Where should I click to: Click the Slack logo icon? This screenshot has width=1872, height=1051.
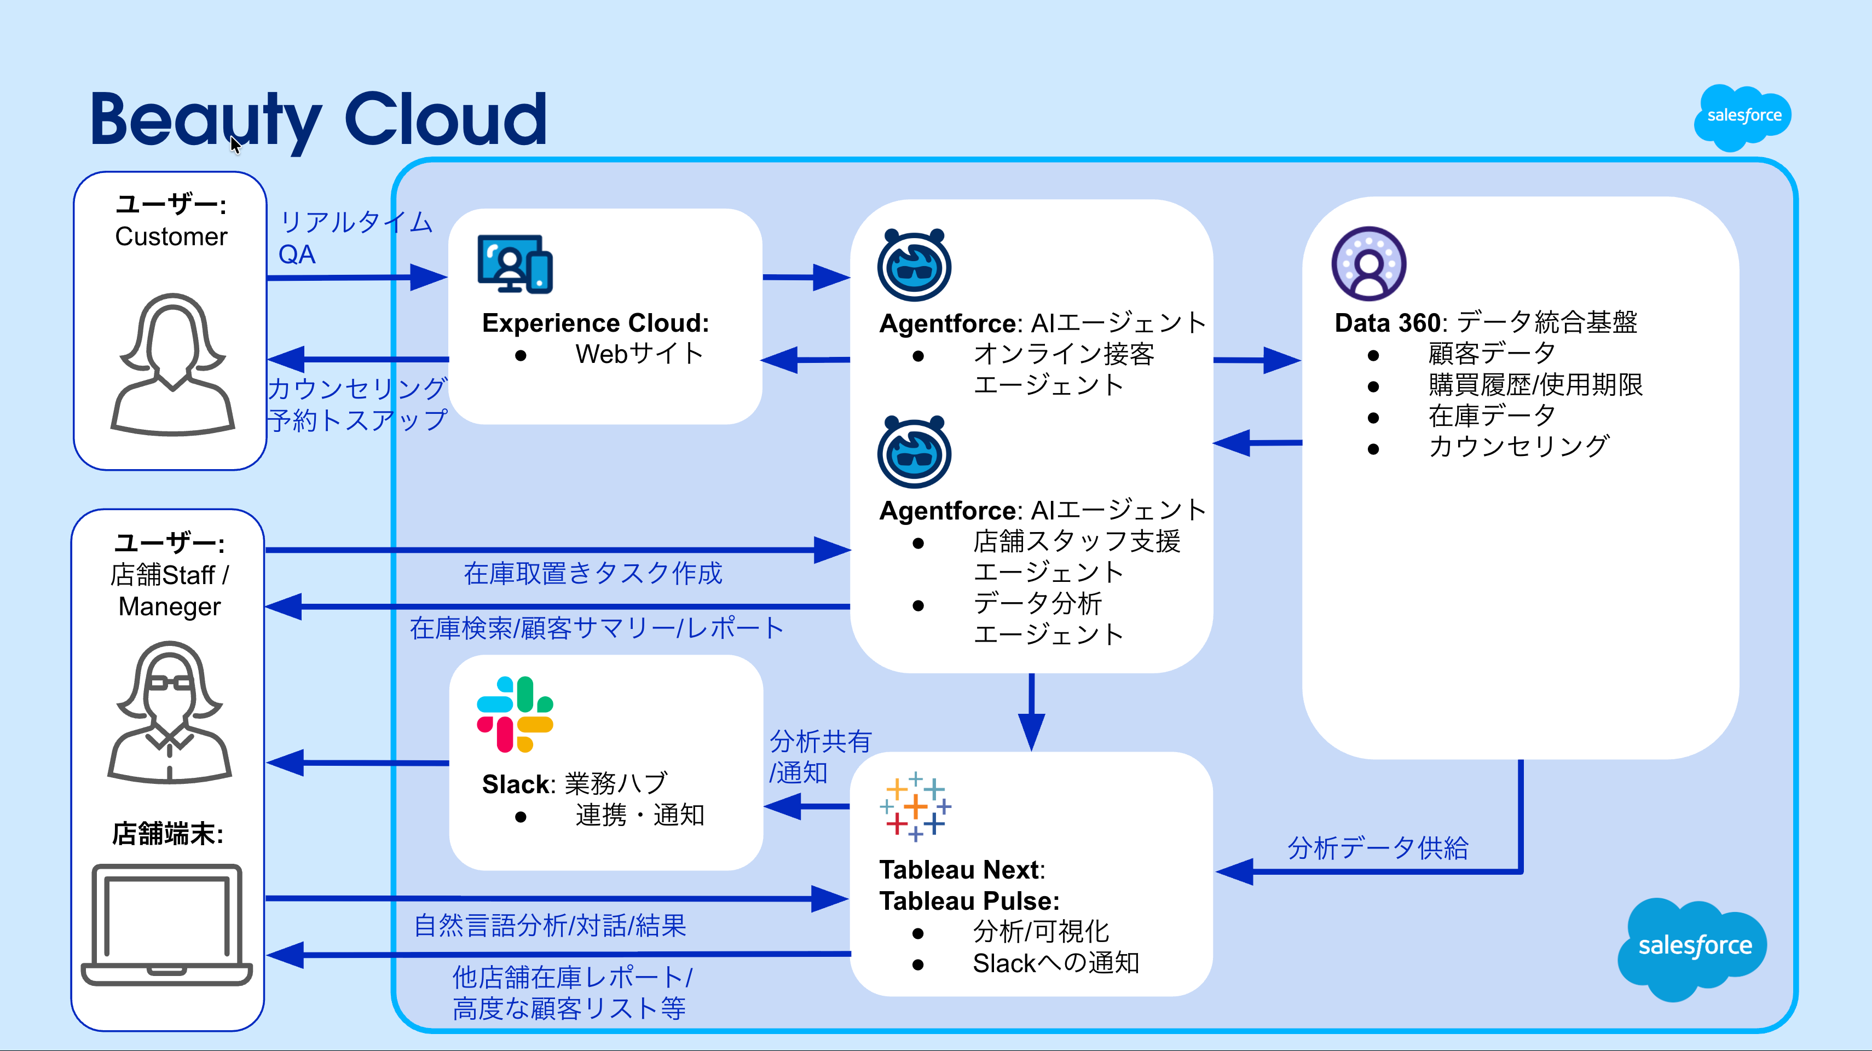(515, 714)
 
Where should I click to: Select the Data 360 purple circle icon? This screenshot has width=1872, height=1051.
(1368, 264)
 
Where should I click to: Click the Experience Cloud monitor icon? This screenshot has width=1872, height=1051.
(515, 264)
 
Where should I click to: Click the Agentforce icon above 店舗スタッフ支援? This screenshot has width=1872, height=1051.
(914, 452)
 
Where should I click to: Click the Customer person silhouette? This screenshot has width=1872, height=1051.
(172, 364)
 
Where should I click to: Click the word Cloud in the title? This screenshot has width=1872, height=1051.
(446, 119)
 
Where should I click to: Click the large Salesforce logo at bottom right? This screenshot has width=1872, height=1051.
(1693, 945)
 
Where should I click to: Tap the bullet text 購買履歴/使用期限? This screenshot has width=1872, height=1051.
(1535, 384)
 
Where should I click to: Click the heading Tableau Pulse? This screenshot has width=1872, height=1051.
(969, 901)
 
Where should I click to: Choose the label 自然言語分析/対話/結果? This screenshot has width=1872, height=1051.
(550, 925)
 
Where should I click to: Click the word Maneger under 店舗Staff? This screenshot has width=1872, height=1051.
(169, 606)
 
